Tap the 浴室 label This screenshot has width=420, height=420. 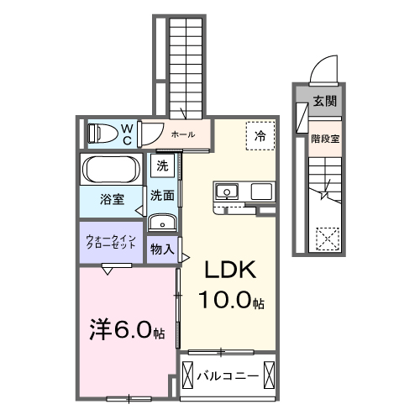(113, 199)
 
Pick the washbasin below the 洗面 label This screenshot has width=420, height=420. (162, 223)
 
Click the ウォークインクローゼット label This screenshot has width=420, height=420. (112, 242)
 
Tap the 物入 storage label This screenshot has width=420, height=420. (162, 249)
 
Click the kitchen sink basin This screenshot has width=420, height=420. (227, 192)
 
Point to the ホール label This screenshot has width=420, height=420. (182, 134)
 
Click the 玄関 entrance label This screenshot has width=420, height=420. (323, 102)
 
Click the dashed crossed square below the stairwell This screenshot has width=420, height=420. (325, 239)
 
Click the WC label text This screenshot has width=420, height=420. (127, 133)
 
